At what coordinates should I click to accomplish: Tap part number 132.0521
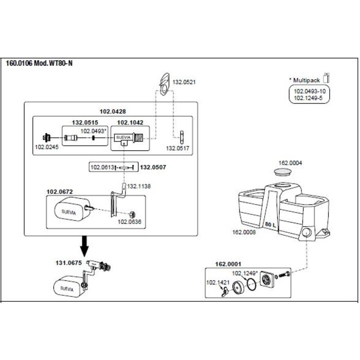tap(184, 82)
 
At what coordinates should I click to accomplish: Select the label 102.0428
tap(112, 111)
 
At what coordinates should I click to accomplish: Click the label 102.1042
tap(130, 123)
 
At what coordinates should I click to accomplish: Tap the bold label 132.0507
tap(153, 167)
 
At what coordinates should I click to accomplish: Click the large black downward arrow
tap(85, 246)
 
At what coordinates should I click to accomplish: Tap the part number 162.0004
tap(291, 163)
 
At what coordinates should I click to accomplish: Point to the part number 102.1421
tap(218, 282)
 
